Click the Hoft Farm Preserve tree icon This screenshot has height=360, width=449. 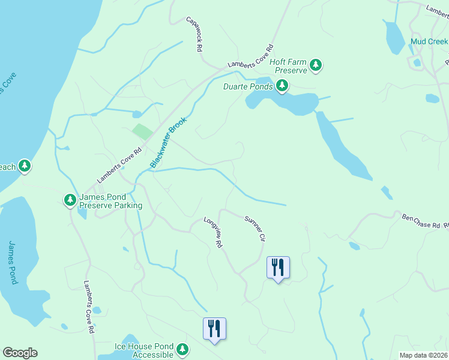click(316, 66)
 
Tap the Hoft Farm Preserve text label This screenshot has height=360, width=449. click(288, 66)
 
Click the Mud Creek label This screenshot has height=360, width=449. click(429, 42)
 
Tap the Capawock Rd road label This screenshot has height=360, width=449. click(195, 34)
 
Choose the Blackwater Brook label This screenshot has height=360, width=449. click(168, 142)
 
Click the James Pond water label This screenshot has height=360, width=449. click(14, 262)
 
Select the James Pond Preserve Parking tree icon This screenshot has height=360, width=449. click(70, 199)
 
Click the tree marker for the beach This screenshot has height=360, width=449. click(24, 166)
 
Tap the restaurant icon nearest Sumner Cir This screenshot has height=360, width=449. click(278, 266)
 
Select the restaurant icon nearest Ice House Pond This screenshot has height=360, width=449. click(214, 328)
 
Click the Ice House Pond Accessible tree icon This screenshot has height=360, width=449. click(182, 349)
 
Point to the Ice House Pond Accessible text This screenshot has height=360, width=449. click(144, 350)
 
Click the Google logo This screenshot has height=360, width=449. click(20, 353)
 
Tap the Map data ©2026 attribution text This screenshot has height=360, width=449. click(423, 355)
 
